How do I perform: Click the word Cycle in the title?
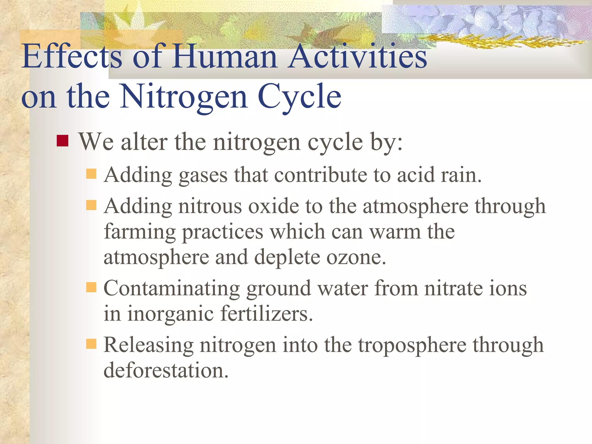point(299,97)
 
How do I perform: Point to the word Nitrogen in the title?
point(184,97)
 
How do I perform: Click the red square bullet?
point(62,141)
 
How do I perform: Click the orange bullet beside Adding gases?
point(91,174)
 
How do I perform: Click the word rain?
point(461,175)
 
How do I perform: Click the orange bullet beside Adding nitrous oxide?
point(91,205)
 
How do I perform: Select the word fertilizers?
point(266,314)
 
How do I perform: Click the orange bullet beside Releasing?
point(91,344)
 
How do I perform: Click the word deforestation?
point(166,371)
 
